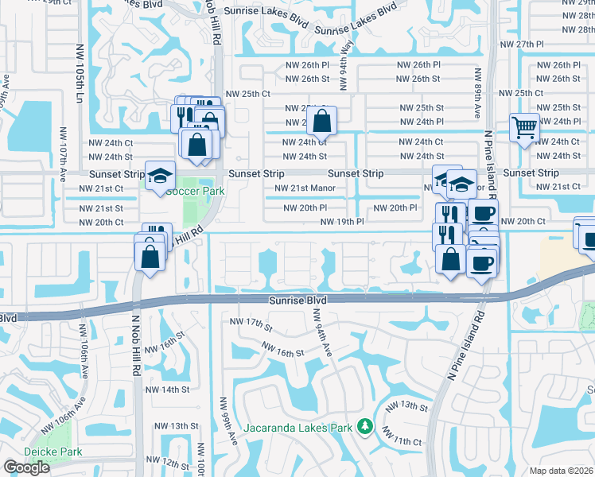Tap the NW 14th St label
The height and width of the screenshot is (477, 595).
[167, 390]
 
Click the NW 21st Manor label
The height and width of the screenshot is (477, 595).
[305, 188]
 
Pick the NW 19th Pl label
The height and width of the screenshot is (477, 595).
[342, 222]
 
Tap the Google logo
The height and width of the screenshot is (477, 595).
[26, 467]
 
